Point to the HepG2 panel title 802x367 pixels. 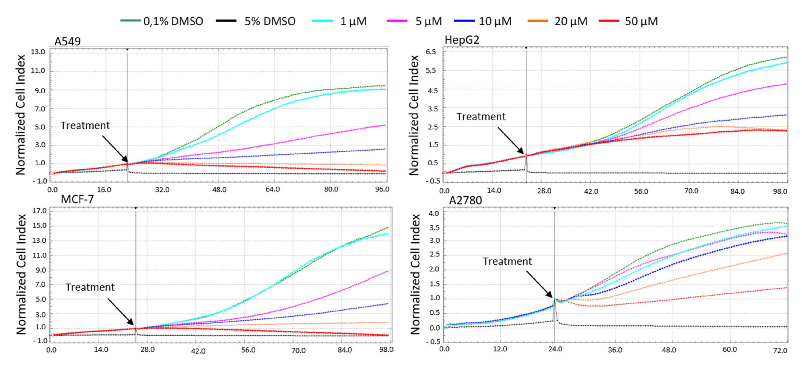point(462,40)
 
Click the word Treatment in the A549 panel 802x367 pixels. point(85,125)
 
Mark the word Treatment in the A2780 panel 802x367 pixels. point(507,261)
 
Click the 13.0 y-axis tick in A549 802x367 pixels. point(38,52)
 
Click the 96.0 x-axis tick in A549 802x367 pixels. point(382,189)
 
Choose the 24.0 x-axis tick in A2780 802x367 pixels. point(555,349)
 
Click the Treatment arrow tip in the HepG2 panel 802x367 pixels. point(525,154)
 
